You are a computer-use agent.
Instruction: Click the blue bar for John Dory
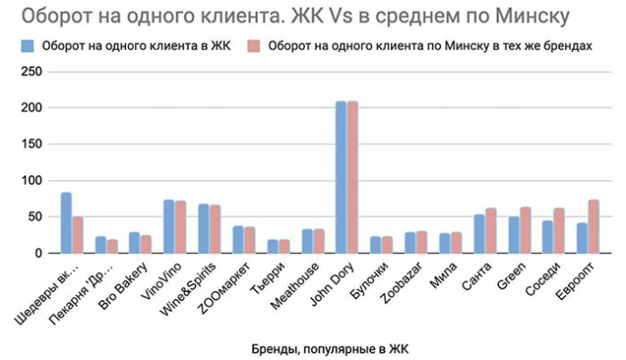341,178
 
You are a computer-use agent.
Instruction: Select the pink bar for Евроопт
592,227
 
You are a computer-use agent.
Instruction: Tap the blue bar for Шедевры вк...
66,223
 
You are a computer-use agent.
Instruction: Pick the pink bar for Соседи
558,231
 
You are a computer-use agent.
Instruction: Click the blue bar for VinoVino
169,227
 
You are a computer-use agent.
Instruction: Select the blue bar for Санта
479,234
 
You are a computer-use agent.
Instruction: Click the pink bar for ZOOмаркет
249,240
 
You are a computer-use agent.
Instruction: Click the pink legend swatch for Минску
255,45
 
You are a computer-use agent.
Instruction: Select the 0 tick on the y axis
37,254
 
